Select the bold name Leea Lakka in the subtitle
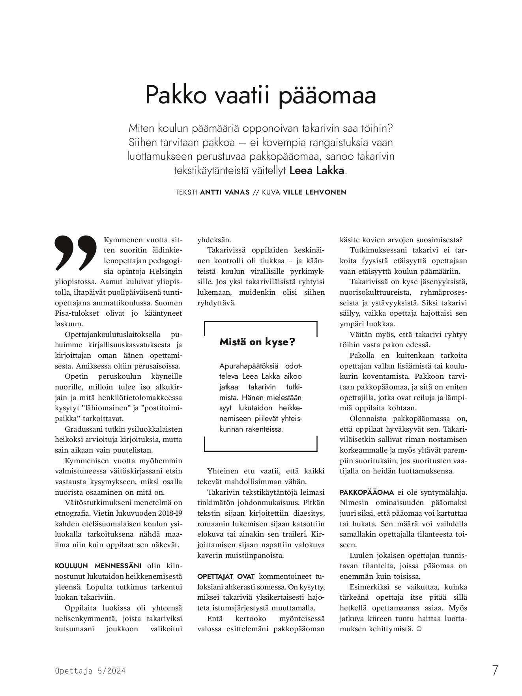pos(317,171)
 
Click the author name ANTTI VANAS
pos(225,192)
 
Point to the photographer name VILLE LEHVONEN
pos(314,192)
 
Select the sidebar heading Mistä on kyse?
pos(257,342)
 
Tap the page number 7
pos(495,670)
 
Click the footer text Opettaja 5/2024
pos(90,671)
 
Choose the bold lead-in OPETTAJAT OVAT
pos(226,576)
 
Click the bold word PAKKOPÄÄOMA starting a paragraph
pos(367,492)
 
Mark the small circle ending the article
pos(419,629)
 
